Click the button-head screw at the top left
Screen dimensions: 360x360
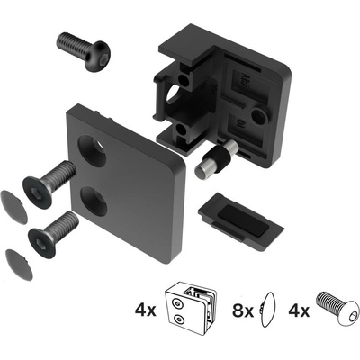click(x=84, y=51)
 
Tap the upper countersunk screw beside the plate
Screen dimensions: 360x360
click(x=49, y=184)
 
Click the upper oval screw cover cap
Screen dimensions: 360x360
click(x=13, y=207)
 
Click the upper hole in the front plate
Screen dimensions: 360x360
click(x=92, y=151)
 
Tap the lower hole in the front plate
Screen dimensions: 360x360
click(x=94, y=202)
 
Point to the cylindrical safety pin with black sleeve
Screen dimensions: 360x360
click(x=216, y=159)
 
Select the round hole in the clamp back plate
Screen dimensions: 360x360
click(x=259, y=116)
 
